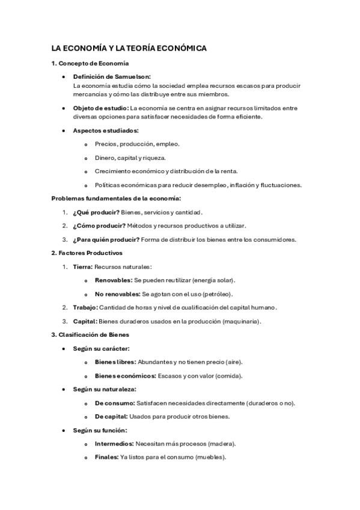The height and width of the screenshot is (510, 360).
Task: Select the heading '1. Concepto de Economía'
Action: tap(90, 63)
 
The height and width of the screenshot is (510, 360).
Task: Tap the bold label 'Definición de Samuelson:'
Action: tap(112, 77)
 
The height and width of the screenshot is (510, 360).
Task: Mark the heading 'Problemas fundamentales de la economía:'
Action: tap(116, 198)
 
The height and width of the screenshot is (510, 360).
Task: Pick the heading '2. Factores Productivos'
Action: tap(87, 253)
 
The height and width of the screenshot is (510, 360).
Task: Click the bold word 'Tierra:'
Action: tap(83, 266)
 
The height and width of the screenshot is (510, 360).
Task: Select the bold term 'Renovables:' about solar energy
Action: tap(114, 280)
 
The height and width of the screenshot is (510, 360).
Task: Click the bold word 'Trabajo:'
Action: tap(85, 307)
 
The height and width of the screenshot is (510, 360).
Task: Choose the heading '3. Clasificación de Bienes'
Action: tap(90, 334)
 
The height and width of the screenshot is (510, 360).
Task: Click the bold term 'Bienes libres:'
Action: tap(115, 362)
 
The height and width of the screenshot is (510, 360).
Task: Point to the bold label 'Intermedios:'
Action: tap(114, 444)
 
